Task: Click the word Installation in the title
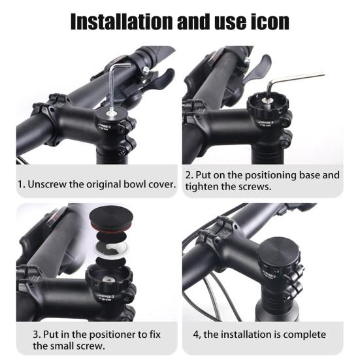click(122, 22)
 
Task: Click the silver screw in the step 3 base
click(107, 280)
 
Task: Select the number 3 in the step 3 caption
click(35, 335)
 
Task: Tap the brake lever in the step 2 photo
click(257, 69)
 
